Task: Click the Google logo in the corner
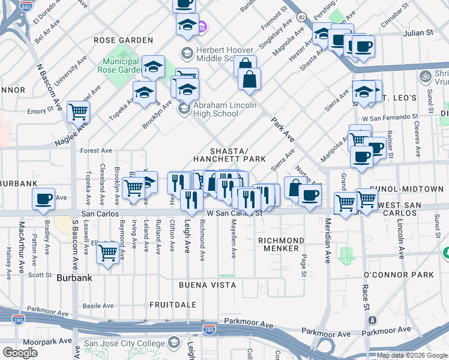pyautogui.click(x=20, y=353)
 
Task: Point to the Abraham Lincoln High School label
pyautogui.click(x=224, y=109)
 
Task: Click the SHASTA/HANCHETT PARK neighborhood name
pyautogui.click(x=229, y=155)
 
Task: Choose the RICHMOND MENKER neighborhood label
pyautogui.click(x=278, y=244)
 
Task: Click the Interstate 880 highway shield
pyautogui.click(x=26, y=6)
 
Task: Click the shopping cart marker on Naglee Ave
pyautogui.click(x=79, y=111)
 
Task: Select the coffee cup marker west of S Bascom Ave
pyautogui.click(x=43, y=199)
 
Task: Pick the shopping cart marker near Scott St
pyautogui.click(x=107, y=253)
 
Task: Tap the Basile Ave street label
pyautogui.click(x=98, y=305)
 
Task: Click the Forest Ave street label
pyautogui.click(x=96, y=151)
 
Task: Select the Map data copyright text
pyautogui.click(x=411, y=355)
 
